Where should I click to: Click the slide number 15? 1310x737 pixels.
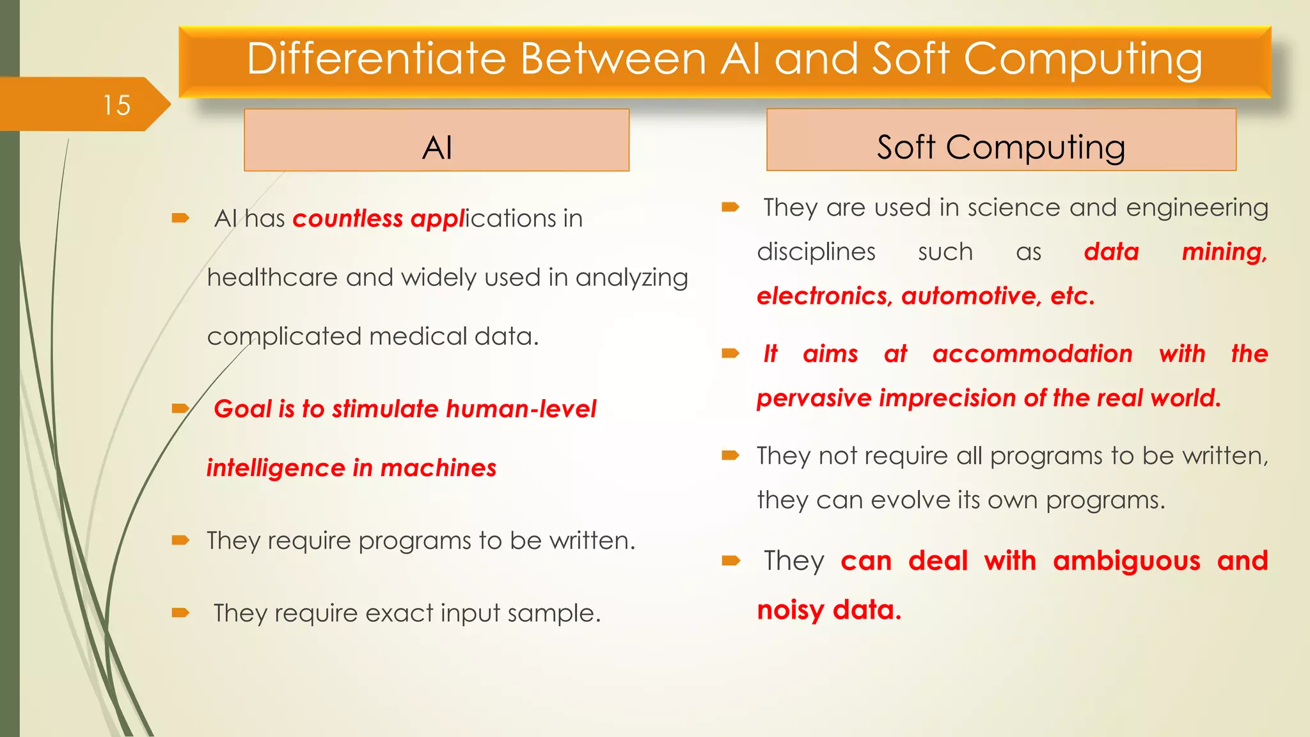click(116, 105)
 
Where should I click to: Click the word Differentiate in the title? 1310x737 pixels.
click(377, 59)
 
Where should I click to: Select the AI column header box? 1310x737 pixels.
click(437, 140)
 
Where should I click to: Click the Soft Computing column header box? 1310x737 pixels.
click(1001, 140)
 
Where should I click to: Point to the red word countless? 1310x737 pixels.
click(347, 219)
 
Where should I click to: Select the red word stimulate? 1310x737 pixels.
click(385, 409)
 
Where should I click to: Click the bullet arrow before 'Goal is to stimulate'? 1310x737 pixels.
click(181, 408)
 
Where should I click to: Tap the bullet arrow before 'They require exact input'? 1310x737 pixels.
click(181, 613)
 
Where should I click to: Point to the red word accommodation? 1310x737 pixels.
click(1032, 354)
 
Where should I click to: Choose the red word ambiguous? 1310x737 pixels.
click(1126, 562)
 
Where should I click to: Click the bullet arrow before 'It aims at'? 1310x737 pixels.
click(730, 353)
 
